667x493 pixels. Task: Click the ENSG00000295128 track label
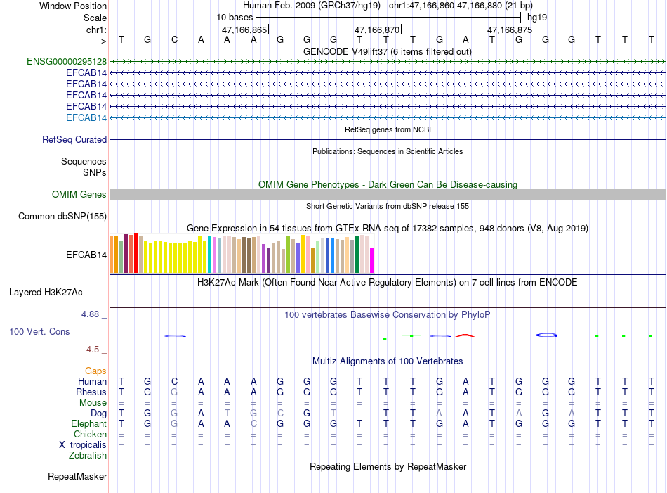tap(67, 62)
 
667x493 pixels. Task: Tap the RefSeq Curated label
tap(74, 140)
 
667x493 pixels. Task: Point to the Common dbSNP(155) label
tap(62, 217)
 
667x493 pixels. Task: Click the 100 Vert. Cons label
tap(39, 331)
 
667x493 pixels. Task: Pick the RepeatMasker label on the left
tap(77, 477)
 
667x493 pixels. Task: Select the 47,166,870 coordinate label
tap(377, 30)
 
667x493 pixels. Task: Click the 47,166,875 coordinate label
tap(510, 30)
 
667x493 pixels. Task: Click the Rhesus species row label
tap(91, 392)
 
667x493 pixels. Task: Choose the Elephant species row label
tap(88, 424)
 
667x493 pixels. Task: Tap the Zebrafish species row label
tap(88, 456)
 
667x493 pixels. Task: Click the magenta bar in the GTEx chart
tap(372, 260)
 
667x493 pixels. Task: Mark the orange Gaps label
tap(95, 371)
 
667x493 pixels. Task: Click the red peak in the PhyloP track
tap(463, 335)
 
